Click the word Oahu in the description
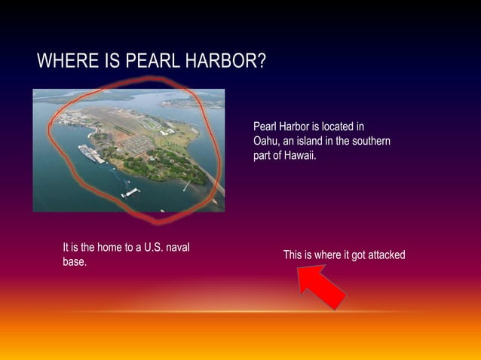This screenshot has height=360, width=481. click(x=267, y=142)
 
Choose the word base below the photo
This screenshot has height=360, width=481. click(x=73, y=262)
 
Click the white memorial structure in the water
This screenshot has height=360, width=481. click(x=130, y=192)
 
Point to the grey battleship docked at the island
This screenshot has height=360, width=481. click(x=91, y=154)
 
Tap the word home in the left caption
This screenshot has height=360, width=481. click(x=100, y=247)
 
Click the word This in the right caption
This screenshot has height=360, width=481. click(x=293, y=255)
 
